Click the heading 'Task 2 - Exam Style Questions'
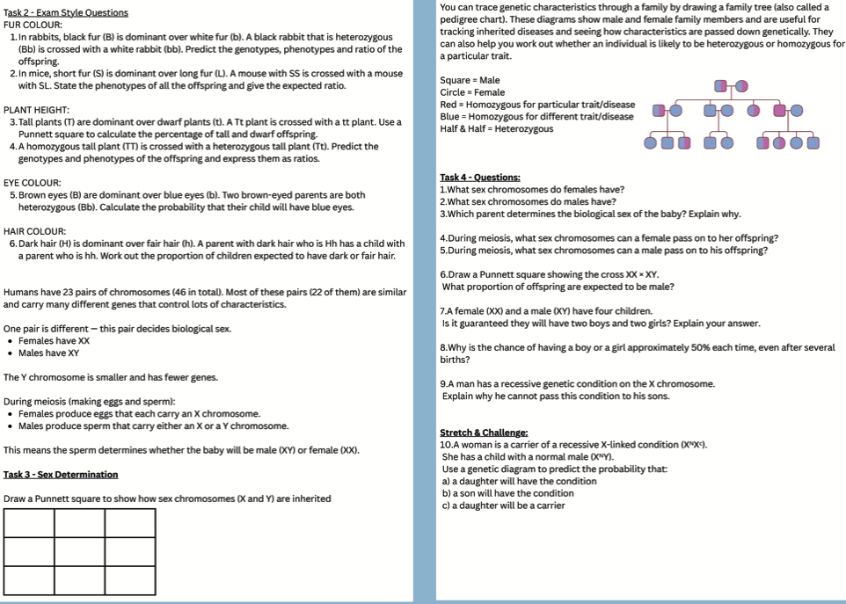66,12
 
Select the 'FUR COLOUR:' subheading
31,25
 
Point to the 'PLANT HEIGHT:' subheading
36,110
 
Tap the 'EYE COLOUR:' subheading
33,183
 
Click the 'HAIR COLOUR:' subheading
34,231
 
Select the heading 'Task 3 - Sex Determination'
61,475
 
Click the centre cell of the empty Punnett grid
79,551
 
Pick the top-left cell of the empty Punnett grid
29,522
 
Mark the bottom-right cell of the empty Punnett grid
129,580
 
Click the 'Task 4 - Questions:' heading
480,178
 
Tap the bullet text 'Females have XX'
54,341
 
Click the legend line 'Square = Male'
470,81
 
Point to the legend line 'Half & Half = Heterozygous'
497,129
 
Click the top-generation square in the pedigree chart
721,85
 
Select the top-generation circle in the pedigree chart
742,85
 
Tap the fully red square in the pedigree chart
780,110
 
